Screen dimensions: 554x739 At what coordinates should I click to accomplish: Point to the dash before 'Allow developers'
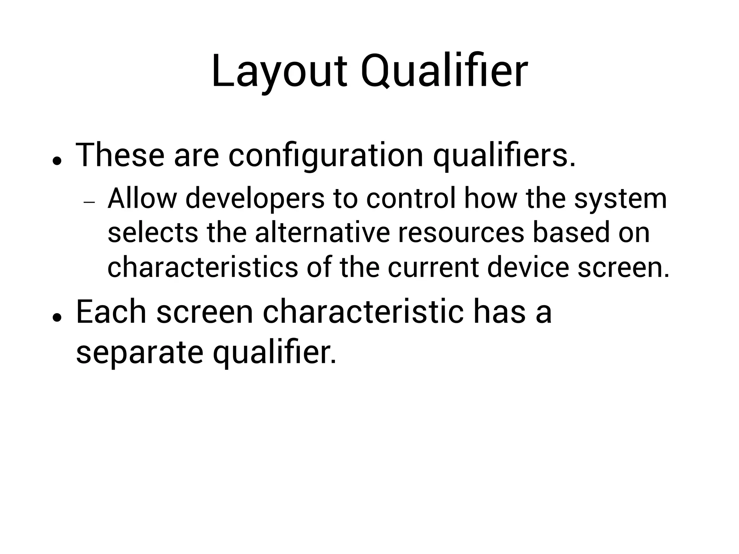pos(89,202)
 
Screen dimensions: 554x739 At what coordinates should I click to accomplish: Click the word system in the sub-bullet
pos(620,199)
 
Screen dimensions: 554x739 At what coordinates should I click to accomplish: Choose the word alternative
pos(322,233)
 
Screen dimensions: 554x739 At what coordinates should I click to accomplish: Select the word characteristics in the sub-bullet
pos(203,267)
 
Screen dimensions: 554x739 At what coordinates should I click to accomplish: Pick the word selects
pos(153,233)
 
